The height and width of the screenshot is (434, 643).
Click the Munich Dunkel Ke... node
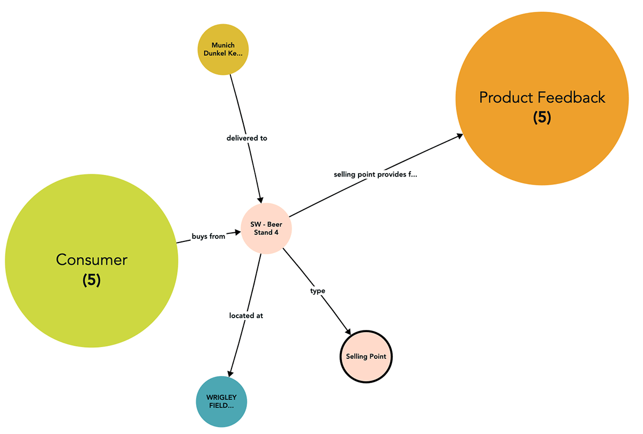point(223,49)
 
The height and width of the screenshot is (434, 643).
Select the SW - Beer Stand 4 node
point(266,229)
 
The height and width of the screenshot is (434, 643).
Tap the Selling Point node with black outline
point(366,357)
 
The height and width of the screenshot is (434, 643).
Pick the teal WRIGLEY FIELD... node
point(222,402)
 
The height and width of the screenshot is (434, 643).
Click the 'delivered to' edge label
point(246,138)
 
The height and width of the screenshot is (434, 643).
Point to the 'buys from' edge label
point(208,236)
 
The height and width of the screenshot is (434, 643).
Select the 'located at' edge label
point(246,315)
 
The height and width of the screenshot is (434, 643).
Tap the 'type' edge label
point(318,291)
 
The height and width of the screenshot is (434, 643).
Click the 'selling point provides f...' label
point(375,174)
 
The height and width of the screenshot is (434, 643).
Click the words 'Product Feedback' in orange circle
point(542,98)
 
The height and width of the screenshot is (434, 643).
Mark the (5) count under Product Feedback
point(542,118)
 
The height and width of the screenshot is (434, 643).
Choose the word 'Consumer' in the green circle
point(92,260)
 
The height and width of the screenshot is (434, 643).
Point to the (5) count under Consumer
point(92,280)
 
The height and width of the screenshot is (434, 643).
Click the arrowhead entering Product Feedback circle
point(460,136)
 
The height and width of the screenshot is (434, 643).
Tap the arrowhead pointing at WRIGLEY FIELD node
point(230,372)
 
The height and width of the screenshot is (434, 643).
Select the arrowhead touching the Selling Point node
point(348,333)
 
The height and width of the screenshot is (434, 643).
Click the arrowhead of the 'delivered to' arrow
point(260,198)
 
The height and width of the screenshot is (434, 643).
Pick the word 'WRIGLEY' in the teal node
point(222,398)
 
